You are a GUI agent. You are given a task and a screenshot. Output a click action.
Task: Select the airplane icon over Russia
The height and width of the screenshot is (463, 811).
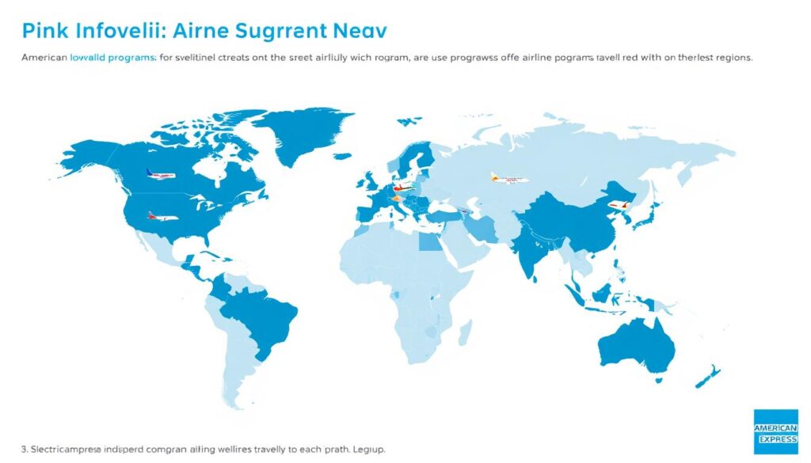click(508, 178)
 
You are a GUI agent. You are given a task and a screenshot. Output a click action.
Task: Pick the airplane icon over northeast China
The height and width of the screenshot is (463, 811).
click(619, 206)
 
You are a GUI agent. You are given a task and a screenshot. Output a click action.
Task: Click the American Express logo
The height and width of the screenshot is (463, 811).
click(775, 431)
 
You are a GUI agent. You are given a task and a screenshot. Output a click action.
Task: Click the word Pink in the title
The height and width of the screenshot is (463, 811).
click(44, 32)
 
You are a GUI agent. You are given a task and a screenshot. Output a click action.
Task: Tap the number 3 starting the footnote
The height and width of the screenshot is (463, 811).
click(24, 449)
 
